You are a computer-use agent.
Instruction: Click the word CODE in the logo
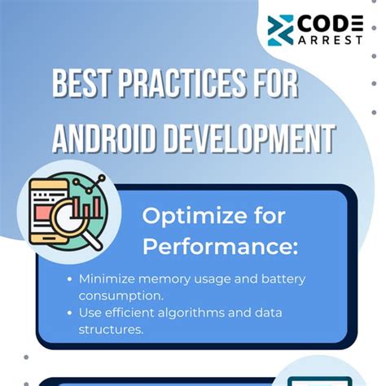point(331,24)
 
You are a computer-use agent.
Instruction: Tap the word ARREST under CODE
point(331,40)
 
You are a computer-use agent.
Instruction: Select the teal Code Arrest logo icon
point(280,30)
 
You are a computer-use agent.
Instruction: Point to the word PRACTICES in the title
point(182,83)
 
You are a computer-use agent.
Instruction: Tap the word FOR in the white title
point(276,83)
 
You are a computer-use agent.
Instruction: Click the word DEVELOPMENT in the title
point(250,138)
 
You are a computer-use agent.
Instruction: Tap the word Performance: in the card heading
point(220,247)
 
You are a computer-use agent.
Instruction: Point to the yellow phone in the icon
point(48,212)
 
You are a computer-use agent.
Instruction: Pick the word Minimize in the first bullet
point(107,279)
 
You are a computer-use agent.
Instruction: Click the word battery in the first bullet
point(283,279)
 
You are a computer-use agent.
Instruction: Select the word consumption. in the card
point(121,296)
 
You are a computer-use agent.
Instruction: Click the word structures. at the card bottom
point(111,330)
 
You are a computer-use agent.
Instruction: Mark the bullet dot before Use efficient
point(70,313)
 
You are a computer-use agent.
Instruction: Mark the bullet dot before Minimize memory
point(70,279)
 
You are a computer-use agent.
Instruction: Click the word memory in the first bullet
point(164,280)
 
